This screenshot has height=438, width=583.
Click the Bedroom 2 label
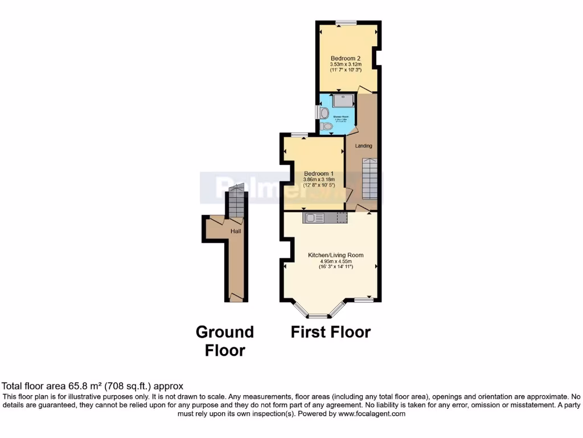[x=346, y=58]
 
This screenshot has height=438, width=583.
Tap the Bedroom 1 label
[x=318, y=173]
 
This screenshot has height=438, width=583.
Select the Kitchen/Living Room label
[x=335, y=255]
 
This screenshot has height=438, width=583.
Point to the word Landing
[x=363, y=146]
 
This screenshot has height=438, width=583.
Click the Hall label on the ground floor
[x=236, y=232]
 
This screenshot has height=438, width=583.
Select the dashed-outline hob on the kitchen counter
[x=342, y=217]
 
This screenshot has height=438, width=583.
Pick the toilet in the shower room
[x=326, y=126]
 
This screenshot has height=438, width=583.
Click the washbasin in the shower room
[x=323, y=111]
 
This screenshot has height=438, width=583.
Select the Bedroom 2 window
[x=345, y=22]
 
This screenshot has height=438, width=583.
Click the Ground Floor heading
[x=225, y=340]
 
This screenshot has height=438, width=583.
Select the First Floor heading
[x=331, y=332]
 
